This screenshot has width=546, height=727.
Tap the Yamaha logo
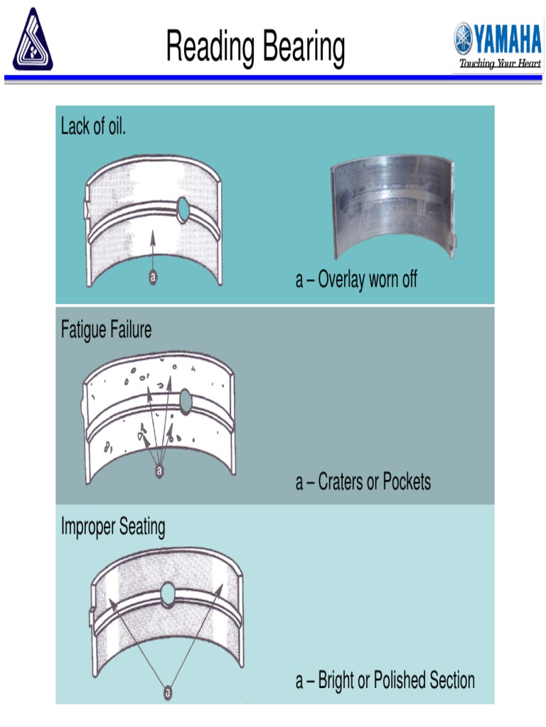498,38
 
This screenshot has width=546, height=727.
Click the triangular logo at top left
33,39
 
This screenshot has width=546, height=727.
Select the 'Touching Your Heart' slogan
500,64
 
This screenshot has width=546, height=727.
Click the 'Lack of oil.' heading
93,127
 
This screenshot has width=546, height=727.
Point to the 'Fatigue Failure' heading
106,330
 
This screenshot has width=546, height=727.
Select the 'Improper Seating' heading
113,527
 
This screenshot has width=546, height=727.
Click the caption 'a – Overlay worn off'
356,280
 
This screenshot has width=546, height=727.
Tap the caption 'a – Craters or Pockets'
363,482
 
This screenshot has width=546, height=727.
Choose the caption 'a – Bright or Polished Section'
385,680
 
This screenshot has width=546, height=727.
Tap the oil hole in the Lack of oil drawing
184,209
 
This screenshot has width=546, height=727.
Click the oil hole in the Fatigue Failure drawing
186,401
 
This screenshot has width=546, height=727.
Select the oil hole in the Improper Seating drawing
168,591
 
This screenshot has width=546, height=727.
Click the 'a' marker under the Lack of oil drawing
153,277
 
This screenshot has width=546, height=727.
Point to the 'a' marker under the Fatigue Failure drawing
159,469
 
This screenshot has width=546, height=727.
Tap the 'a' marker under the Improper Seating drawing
168,690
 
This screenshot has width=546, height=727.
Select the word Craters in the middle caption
341,482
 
